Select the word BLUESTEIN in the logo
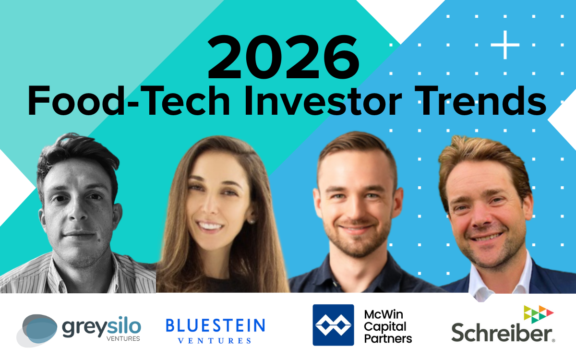pos(215,326)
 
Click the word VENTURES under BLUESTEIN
pos(215,341)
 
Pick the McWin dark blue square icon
pos(333,325)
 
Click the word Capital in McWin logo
pos(384,327)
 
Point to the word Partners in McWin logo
pos(388,338)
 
